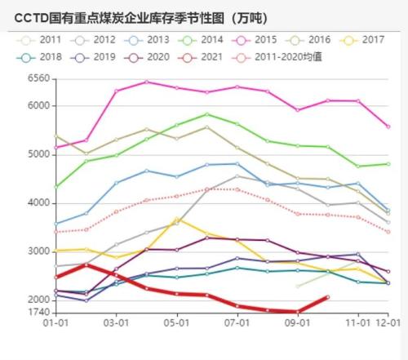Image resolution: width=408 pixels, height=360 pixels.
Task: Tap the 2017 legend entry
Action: point(362,38)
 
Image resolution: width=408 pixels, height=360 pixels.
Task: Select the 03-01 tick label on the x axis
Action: point(116,323)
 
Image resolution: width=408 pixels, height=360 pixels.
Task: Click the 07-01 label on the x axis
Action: point(237,323)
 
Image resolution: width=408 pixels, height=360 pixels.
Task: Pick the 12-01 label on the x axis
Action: point(388,323)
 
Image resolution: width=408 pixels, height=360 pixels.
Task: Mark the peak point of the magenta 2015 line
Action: point(146,82)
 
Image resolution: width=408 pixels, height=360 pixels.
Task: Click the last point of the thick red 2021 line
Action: point(327,297)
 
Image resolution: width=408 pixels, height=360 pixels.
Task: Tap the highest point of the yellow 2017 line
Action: point(176,219)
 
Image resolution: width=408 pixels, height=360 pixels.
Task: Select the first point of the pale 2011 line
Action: point(297,286)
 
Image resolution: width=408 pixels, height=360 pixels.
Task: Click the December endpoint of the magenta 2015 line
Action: point(388,127)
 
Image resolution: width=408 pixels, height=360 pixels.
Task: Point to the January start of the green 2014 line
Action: point(55,187)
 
